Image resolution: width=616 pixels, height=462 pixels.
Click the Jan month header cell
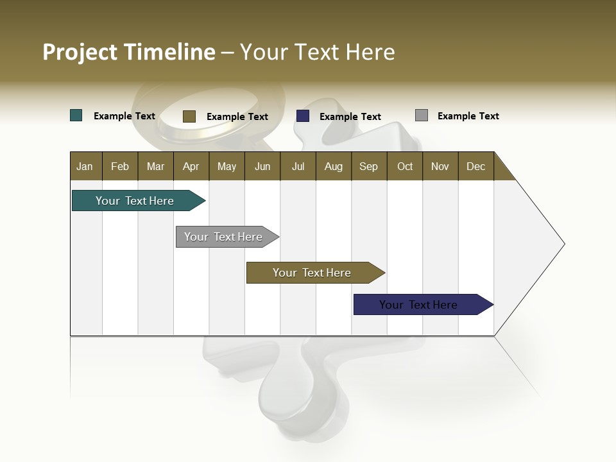[85, 166]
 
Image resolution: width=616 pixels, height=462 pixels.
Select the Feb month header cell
[120, 166]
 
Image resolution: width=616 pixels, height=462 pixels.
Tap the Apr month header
[191, 166]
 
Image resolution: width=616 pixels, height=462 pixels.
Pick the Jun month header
[262, 166]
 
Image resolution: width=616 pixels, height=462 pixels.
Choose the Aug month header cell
[334, 166]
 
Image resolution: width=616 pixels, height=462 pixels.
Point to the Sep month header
[369, 166]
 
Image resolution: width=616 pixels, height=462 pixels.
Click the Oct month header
[405, 166]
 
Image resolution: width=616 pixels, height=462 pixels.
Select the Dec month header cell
[476, 166]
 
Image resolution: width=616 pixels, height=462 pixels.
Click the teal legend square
[76, 116]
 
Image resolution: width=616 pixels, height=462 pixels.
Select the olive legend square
[189, 116]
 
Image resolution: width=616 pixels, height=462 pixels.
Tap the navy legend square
[303, 116]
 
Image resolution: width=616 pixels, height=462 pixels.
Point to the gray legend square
[422, 116]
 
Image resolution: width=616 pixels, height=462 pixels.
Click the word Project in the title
[80, 52]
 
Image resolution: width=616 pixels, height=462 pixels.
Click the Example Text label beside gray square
[468, 116]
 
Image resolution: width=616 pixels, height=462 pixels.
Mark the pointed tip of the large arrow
[563, 244]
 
